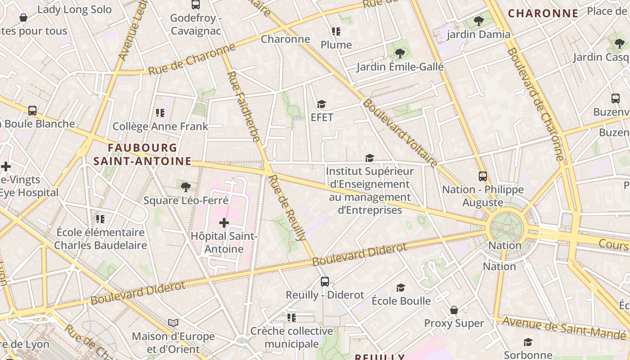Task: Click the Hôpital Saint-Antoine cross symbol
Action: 224,222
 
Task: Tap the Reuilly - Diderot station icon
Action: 325,282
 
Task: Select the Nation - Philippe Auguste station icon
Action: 483,176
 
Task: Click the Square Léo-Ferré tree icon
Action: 185,187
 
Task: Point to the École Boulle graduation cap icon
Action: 400,288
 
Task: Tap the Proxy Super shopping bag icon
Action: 454,310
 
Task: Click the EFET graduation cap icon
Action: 321,104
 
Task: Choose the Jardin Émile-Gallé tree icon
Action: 400,54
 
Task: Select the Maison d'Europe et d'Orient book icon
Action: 173,323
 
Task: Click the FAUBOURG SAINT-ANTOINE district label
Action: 142,154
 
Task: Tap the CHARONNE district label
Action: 543,13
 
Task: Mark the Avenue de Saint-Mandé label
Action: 564,328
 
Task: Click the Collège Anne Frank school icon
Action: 160,112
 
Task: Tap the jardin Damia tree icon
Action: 479,21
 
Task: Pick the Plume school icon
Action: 336,31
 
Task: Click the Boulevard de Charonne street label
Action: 535,103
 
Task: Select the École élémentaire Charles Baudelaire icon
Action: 100,219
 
